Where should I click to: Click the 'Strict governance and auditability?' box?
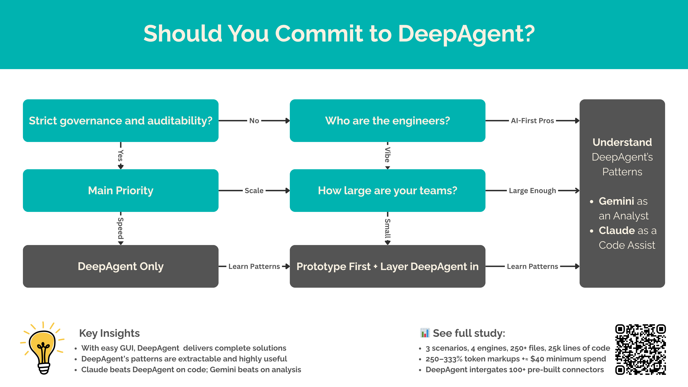click(120, 121)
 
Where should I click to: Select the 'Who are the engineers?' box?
click(387, 121)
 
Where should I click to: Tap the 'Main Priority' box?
click(120, 190)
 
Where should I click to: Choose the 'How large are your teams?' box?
click(387, 190)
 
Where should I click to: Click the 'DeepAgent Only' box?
click(120, 266)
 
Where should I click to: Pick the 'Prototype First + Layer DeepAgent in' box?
click(387, 266)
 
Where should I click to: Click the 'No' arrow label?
click(254, 121)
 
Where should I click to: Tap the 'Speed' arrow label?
click(120, 228)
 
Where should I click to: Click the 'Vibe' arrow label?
click(387, 155)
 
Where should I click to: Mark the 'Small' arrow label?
click(387, 228)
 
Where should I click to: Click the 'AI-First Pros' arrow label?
click(532, 121)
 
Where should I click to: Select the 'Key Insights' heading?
click(109, 333)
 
